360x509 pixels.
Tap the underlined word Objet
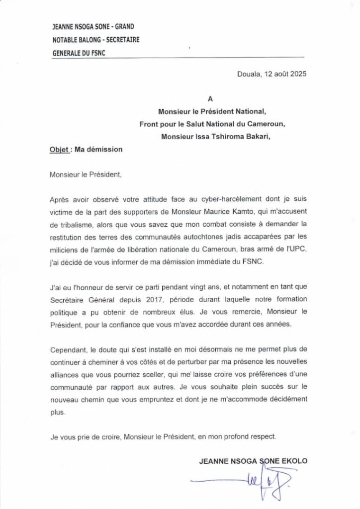tap(59, 149)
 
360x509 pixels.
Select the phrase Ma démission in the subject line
tap(98, 149)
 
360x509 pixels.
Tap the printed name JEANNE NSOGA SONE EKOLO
tap(253, 461)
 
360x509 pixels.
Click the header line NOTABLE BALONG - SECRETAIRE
tap(95, 40)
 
